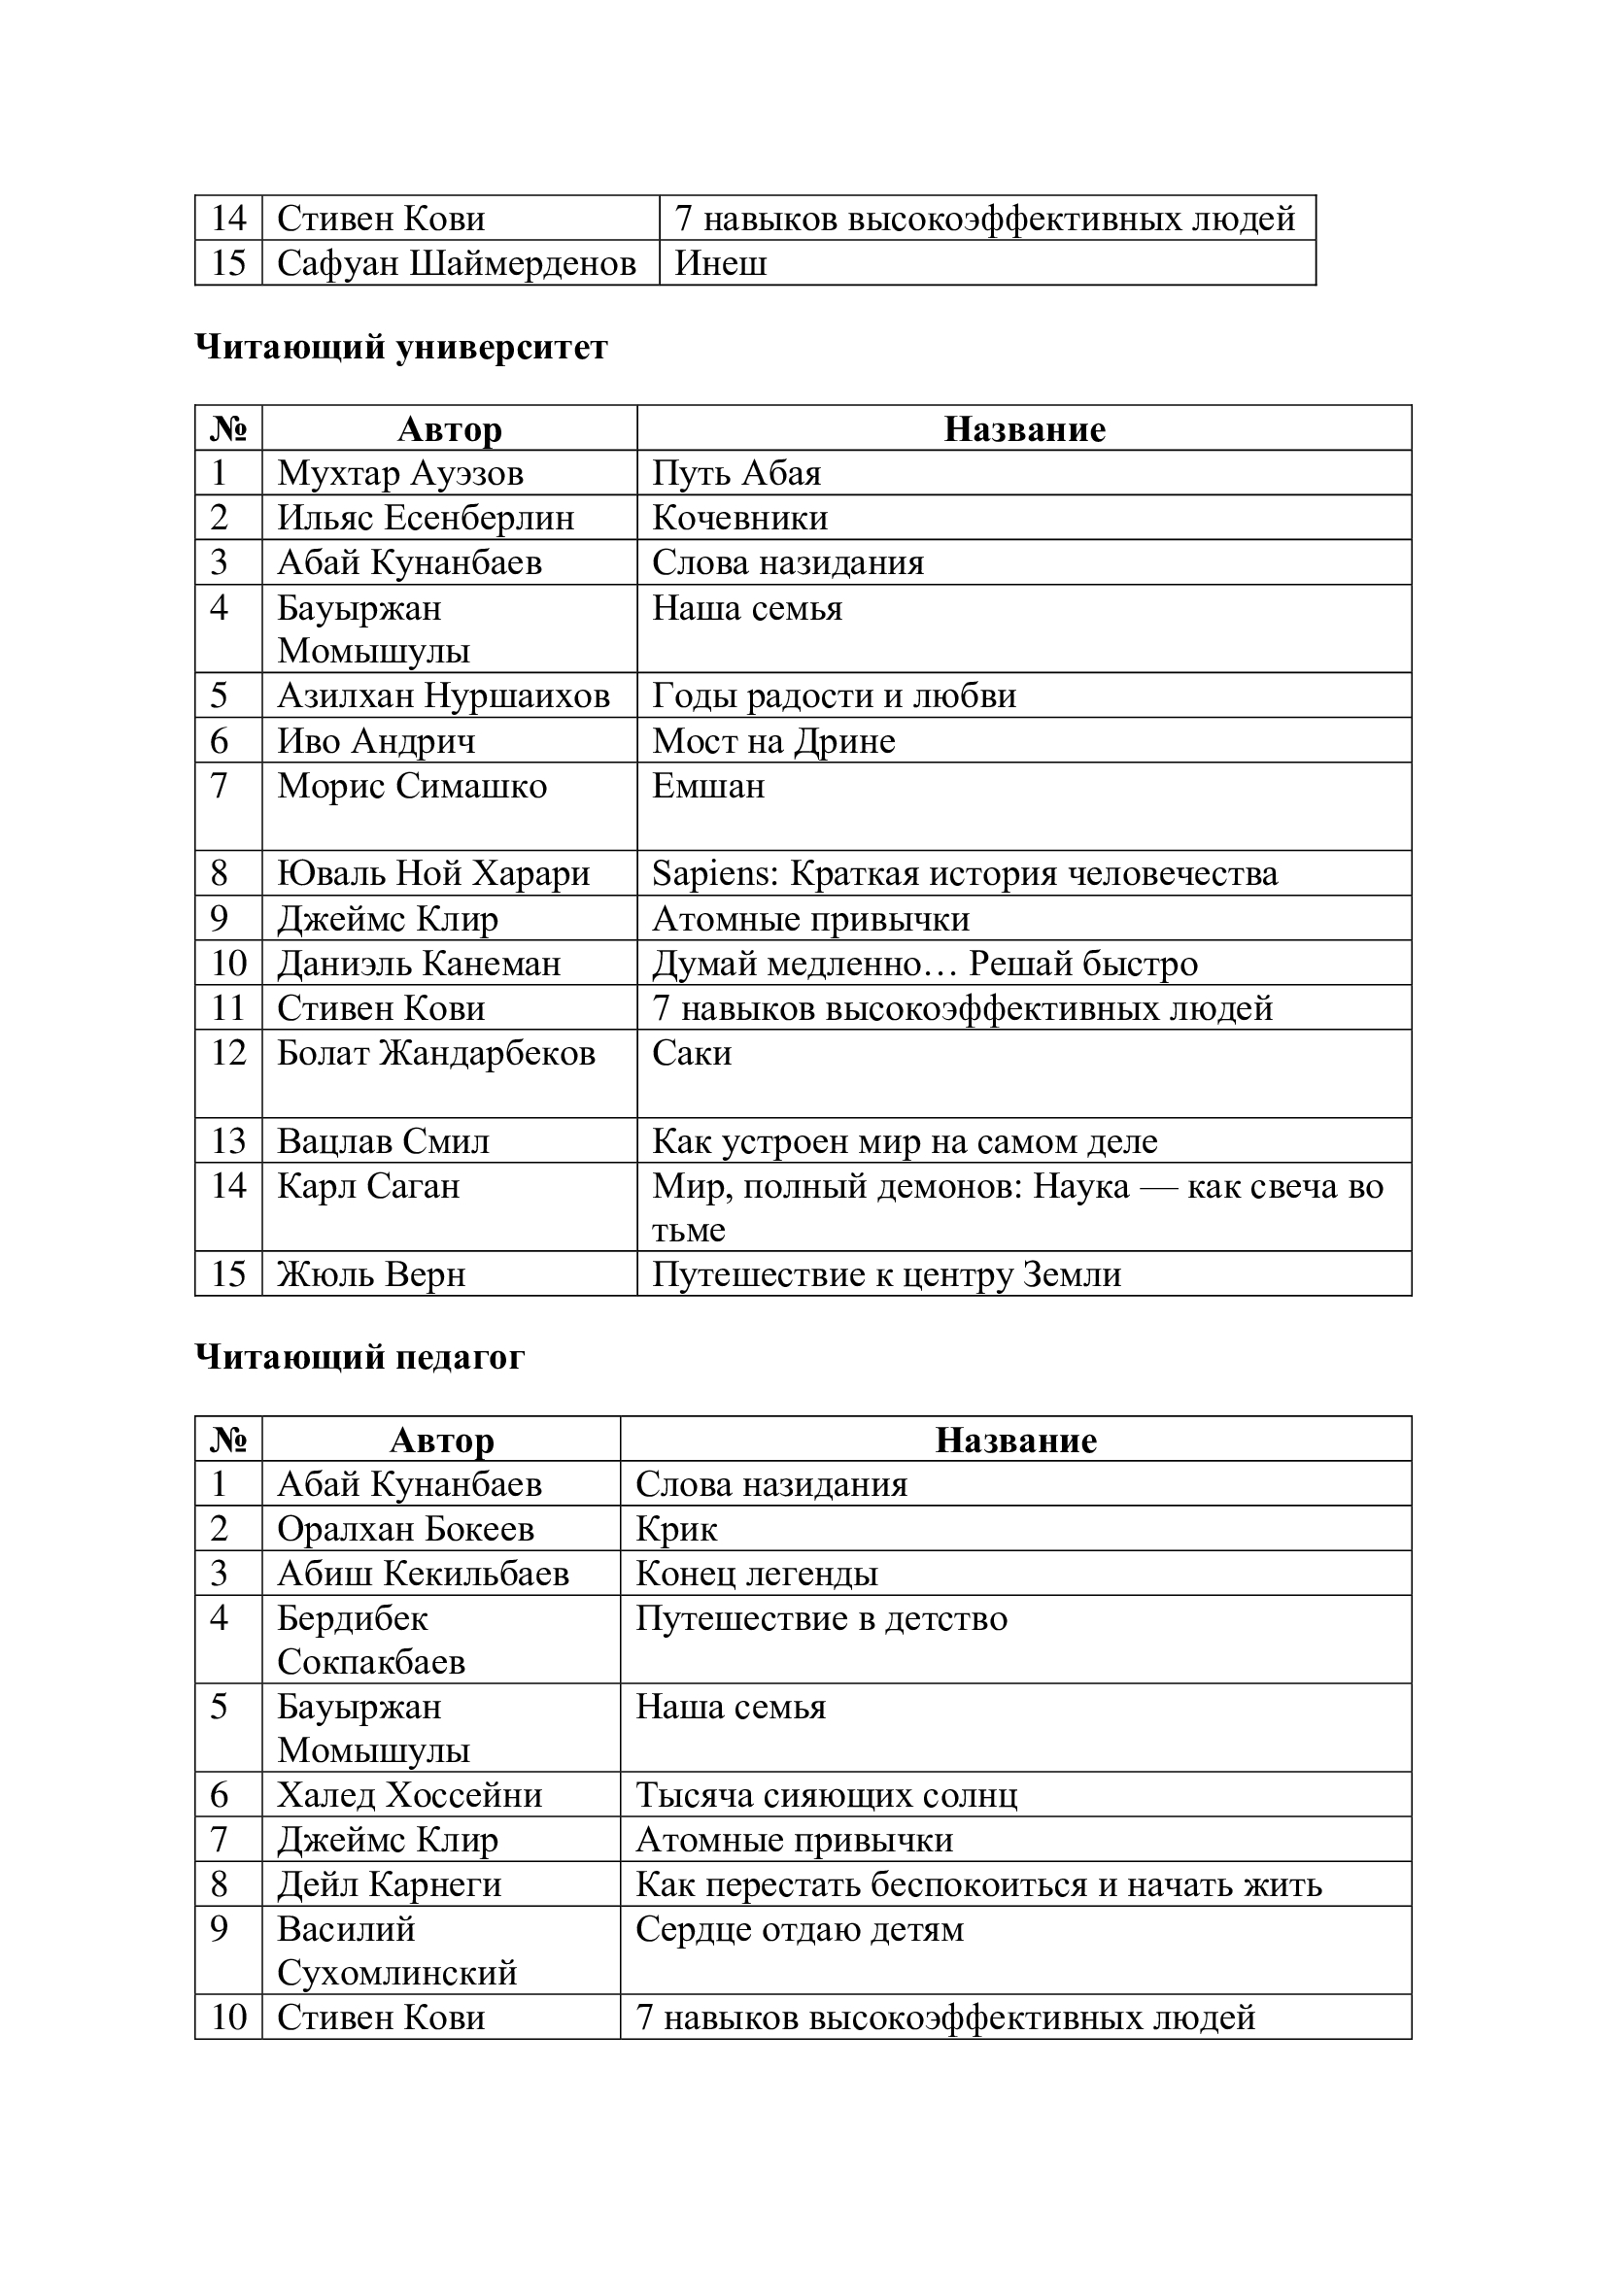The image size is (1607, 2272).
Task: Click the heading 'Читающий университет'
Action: click(x=400, y=348)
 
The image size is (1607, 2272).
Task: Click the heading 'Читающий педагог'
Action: click(x=359, y=1357)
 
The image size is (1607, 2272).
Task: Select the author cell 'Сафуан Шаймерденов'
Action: click(x=457, y=263)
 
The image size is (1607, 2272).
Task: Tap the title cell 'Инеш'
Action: click(x=720, y=263)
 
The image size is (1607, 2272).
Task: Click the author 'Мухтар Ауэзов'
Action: click(x=399, y=473)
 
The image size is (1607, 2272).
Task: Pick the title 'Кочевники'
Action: click(x=739, y=518)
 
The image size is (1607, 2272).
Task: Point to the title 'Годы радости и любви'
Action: click(x=834, y=695)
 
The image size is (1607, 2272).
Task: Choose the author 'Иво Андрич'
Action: click(x=376, y=741)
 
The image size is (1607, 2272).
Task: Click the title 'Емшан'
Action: click(x=707, y=786)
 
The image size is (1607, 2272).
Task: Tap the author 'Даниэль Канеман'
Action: click(x=419, y=963)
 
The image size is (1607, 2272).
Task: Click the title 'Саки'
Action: click(x=692, y=1053)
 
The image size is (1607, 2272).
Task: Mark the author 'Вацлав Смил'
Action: click(x=383, y=1141)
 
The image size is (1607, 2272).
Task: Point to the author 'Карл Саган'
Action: click(x=368, y=1185)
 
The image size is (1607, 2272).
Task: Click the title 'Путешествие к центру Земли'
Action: click(x=886, y=1274)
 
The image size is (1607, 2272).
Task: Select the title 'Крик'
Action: click(x=676, y=1529)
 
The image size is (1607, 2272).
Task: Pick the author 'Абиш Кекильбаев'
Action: click(x=423, y=1574)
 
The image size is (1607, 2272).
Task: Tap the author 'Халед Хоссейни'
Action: click(x=410, y=1795)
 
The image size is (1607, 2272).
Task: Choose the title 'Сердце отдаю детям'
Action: click(x=799, y=1929)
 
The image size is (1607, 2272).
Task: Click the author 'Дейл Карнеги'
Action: click(x=389, y=1884)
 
